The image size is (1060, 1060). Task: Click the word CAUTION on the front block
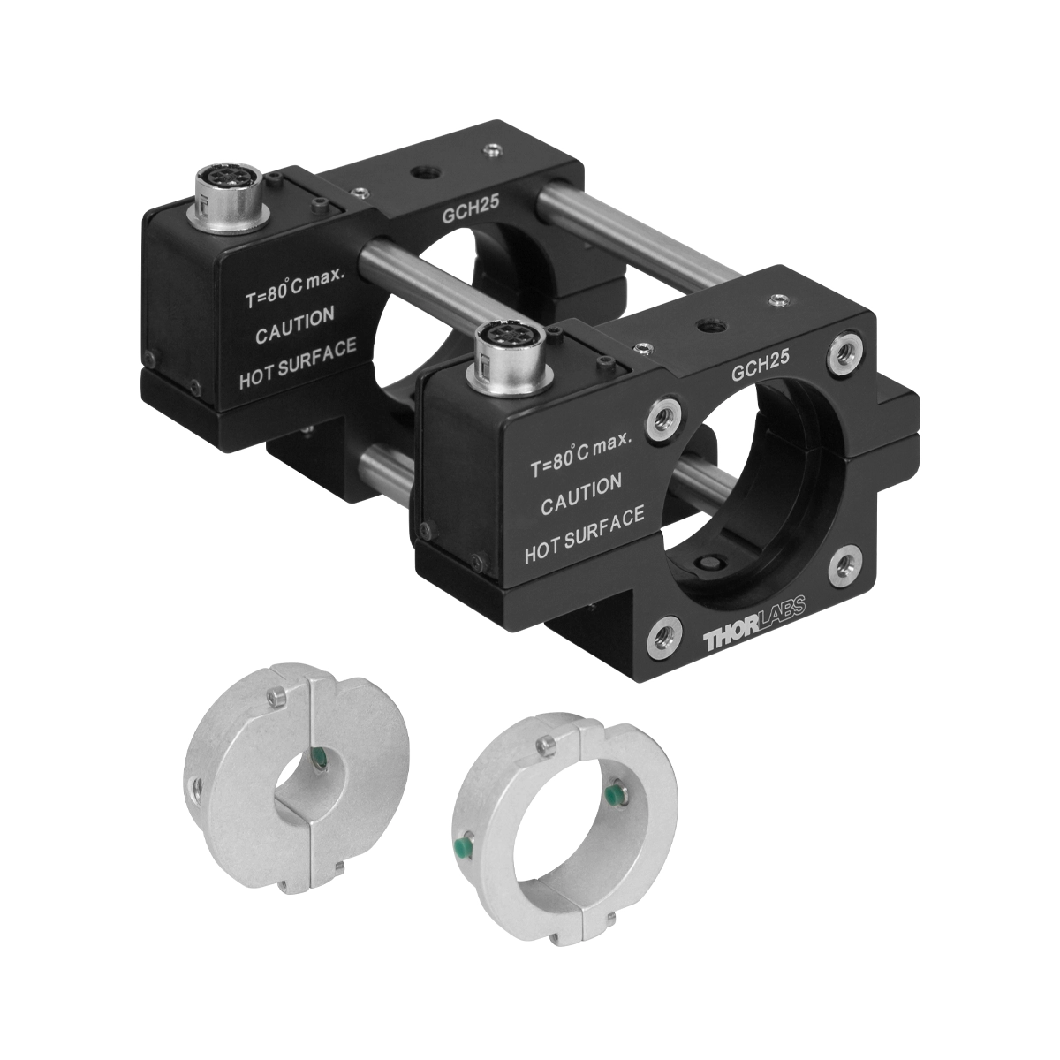[581, 496]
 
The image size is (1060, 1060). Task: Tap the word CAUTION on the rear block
[295, 325]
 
